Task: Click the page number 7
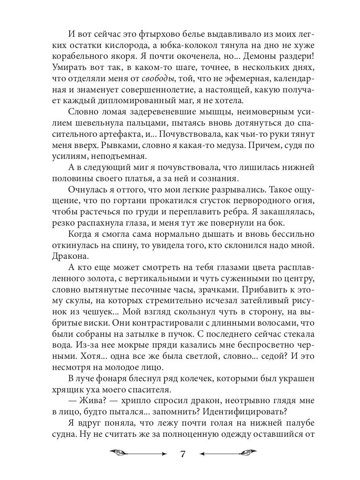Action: point(182,454)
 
